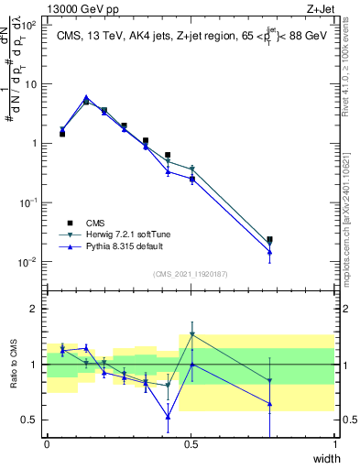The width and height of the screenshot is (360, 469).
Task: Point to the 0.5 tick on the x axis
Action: [191, 444]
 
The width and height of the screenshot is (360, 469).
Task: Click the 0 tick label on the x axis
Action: [47, 444]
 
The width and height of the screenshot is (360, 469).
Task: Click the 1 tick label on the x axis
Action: [335, 444]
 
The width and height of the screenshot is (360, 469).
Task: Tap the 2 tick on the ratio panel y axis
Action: [35, 309]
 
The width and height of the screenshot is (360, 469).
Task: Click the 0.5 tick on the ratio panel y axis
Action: [29, 420]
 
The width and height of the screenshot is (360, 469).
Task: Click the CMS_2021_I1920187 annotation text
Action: [191, 272]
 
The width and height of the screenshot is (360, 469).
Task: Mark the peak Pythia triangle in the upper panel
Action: [86, 97]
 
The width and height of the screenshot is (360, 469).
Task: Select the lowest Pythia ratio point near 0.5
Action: [168, 417]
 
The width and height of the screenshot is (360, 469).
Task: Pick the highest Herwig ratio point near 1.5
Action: [191, 334]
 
